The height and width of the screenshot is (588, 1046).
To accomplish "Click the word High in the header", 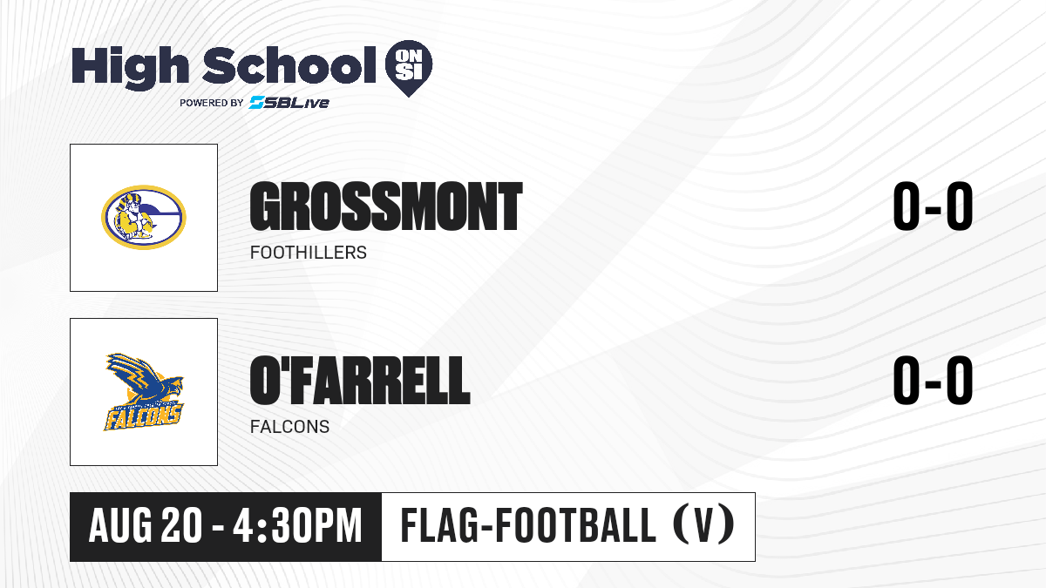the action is (x=130, y=67).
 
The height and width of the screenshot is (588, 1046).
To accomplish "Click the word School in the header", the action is (x=289, y=65).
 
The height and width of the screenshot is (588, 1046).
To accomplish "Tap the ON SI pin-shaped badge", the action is (x=409, y=68).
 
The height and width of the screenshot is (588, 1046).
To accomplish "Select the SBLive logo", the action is (x=289, y=102).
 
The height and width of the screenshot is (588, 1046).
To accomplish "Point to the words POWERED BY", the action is (x=212, y=103).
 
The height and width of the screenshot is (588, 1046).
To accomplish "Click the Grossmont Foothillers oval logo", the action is (x=144, y=217).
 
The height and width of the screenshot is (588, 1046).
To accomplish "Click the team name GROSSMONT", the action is (x=385, y=206).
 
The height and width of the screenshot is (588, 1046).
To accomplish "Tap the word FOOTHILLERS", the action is (x=309, y=253).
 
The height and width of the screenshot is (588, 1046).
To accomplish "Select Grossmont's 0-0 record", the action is (x=933, y=206).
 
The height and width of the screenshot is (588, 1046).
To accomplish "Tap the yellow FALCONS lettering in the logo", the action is (x=142, y=416).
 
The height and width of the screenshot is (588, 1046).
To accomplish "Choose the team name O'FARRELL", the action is (x=359, y=380).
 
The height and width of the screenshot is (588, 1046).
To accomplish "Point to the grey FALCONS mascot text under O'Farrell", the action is (x=289, y=427).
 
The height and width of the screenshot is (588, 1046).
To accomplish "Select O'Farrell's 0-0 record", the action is (x=933, y=380).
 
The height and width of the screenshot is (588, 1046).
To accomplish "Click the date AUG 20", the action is (x=146, y=526).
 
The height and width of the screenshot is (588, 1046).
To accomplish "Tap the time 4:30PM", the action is (x=298, y=526).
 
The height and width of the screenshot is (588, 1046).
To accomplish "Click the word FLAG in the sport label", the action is (x=437, y=525).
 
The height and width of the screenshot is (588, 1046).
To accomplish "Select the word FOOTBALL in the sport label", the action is (x=575, y=525).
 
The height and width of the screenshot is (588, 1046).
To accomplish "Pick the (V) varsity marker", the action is (x=703, y=525).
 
